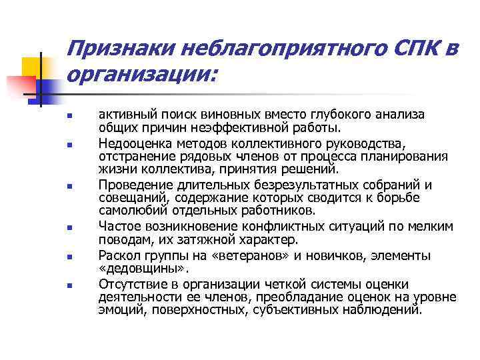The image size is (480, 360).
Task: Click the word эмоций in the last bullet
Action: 117,311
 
